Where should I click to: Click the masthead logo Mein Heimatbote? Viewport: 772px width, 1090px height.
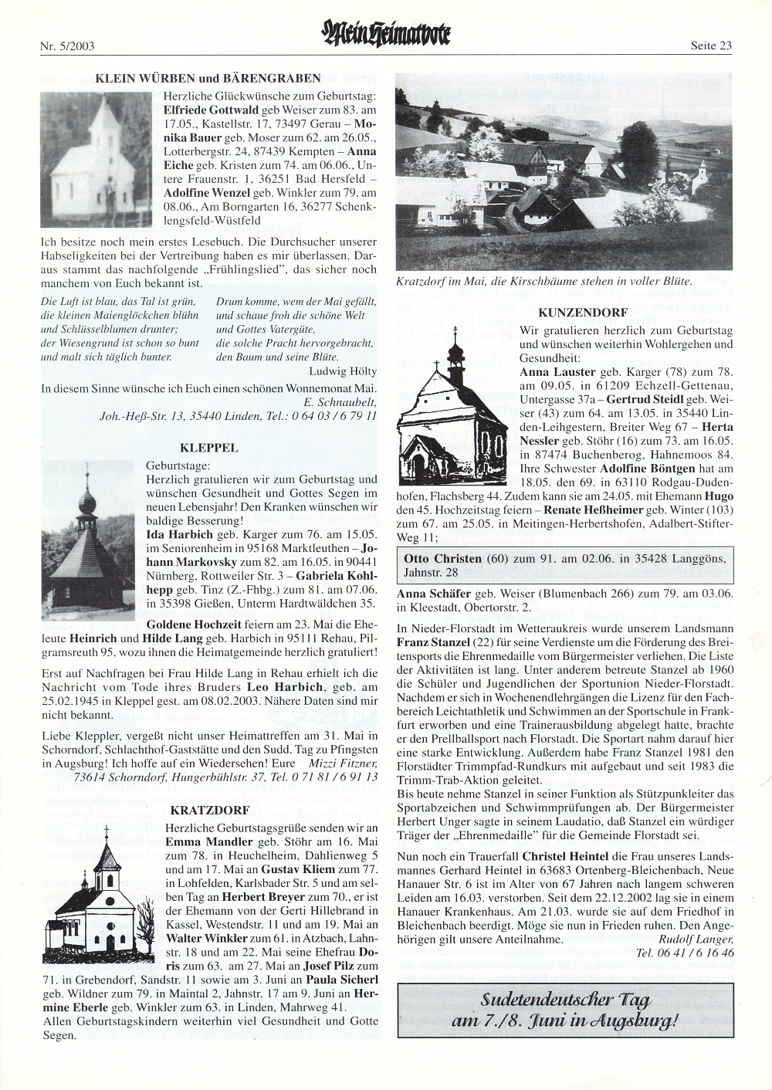click(385, 35)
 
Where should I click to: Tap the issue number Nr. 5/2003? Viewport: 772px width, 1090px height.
click(66, 46)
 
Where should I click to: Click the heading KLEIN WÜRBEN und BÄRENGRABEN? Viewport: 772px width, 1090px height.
click(208, 78)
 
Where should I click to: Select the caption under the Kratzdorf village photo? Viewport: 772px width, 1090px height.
click(544, 281)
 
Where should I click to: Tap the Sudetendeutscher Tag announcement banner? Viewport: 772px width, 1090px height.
click(564, 1010)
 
